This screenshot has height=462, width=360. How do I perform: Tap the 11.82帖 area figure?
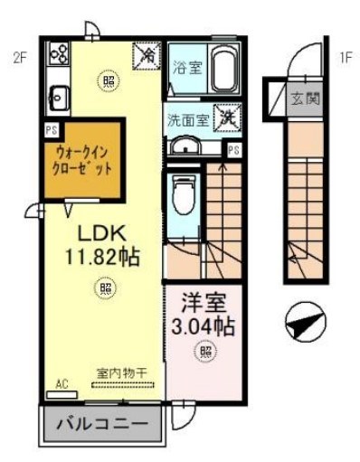[x=101, y=257]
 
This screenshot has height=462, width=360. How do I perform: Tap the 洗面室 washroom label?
[x=187, y=118]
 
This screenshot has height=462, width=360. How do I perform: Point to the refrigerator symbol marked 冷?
[x=146, y=56]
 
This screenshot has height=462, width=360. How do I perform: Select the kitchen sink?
[x=60, y=94]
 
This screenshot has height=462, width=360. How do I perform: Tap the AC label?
[x=62, y=383]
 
